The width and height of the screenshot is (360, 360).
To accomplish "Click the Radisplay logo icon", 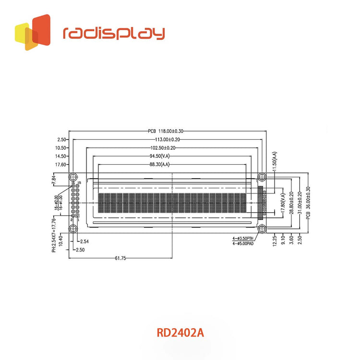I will coord(33,32).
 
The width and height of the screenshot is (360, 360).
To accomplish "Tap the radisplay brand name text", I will coord(114,33).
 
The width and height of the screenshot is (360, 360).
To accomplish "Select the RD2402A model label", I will coord(180,332).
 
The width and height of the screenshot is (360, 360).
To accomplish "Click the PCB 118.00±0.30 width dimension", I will coord(166,131).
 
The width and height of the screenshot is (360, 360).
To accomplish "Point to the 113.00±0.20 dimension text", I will coord(166,140).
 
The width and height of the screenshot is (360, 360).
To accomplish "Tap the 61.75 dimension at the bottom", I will coord(120,258).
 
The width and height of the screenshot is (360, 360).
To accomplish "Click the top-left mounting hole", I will coord(73,177).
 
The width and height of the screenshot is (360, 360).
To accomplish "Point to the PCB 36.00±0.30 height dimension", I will coord(308,203).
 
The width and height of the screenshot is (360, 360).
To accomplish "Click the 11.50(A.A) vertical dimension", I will coord(274,163).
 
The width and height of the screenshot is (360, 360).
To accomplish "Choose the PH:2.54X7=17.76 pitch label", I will coord(54,234).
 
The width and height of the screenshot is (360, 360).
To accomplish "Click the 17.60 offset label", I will coord(61,164).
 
